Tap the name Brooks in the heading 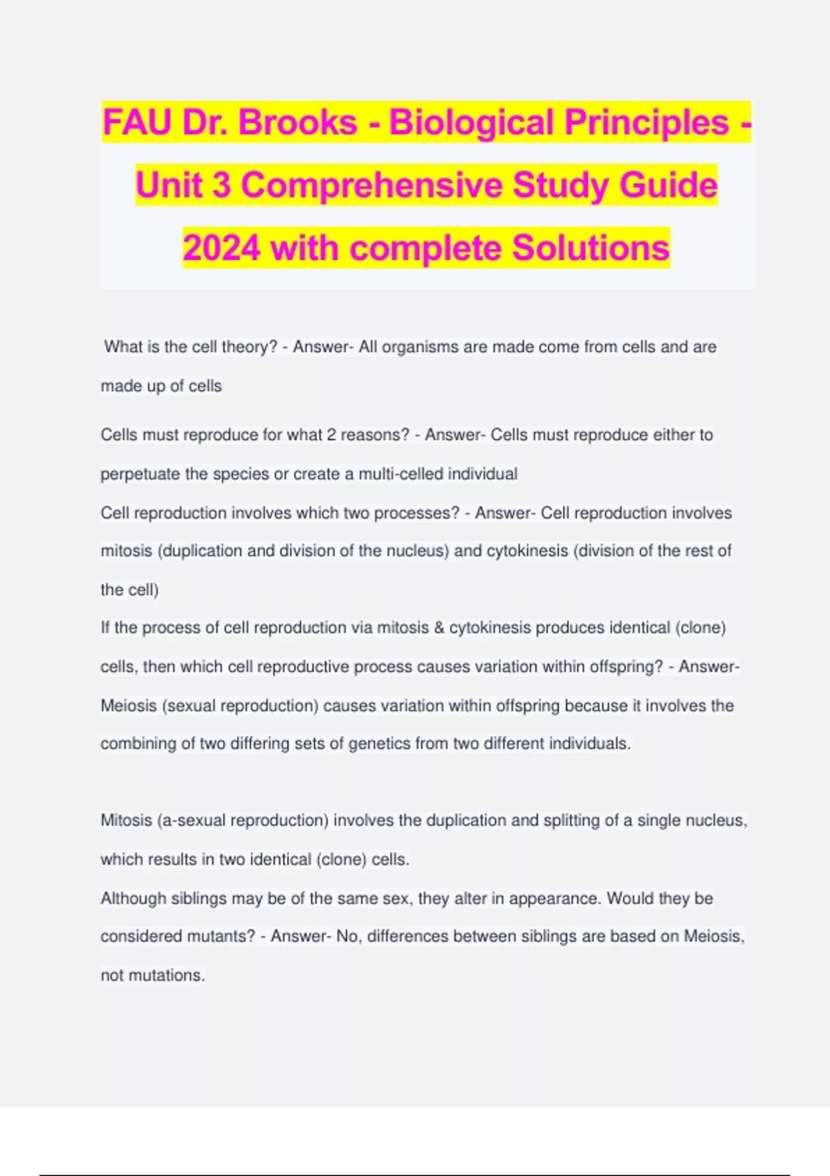pyautogui.click(x=298, y=122)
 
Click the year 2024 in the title pyautogui.click(x=221, y=248)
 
